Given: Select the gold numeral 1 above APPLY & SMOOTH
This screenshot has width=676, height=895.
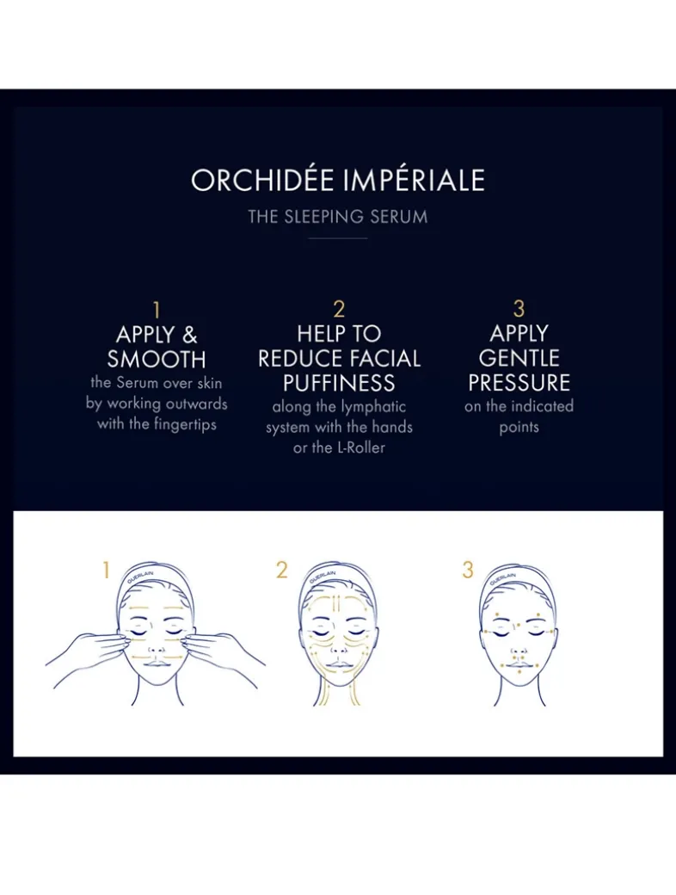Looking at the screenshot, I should [157, 310].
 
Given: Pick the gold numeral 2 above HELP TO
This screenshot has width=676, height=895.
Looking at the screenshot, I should [339, 310].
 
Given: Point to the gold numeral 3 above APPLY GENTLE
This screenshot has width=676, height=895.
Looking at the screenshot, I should [519, 309].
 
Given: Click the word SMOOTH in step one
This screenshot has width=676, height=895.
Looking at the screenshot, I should [157, 359].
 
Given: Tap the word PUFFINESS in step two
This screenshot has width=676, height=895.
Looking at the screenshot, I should [339, 383].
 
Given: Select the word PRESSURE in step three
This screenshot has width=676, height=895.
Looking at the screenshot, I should [519, 382].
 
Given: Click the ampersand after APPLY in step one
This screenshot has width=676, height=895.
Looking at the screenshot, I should [188, 335].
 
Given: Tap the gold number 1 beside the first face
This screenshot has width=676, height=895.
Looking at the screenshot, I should [107, 570].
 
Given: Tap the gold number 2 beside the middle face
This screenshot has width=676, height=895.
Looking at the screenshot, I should [282, 570].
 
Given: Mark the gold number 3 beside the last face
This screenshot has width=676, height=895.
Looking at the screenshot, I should [468, 570].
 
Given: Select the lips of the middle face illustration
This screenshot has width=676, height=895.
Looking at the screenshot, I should [338, 665].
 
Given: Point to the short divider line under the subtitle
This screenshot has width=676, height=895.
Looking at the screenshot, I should [338, 238].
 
